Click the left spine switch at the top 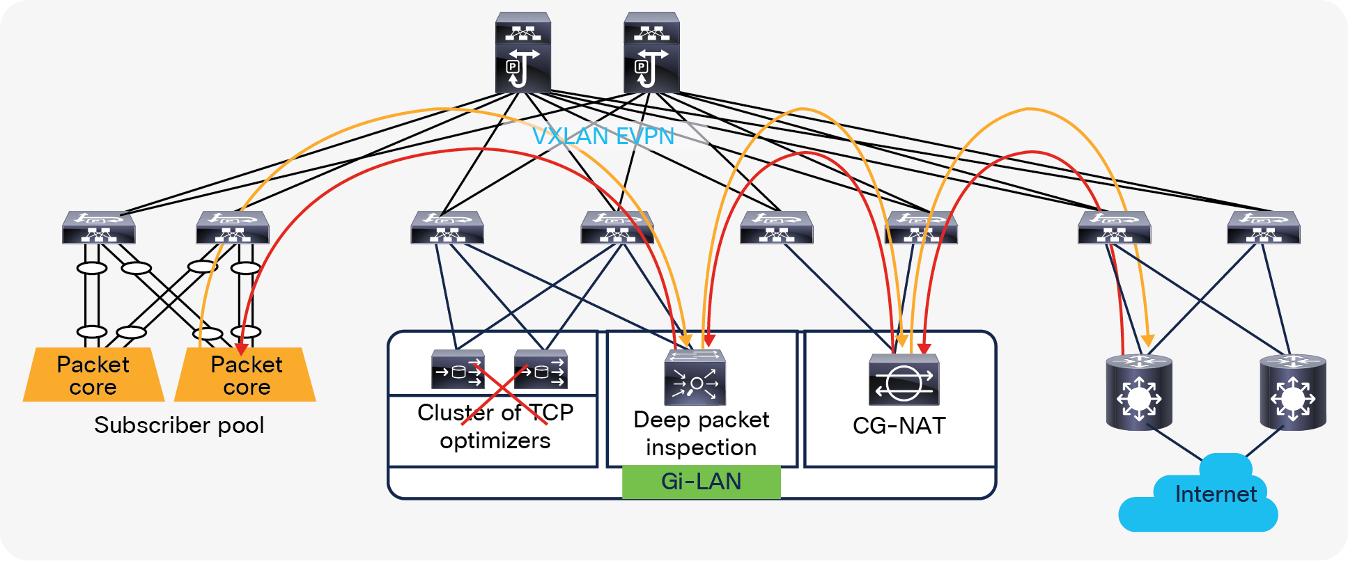[x=522, y=53]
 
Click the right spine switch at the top [x=651, y=53]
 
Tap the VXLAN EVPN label [x=603, y=136]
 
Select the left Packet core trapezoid [x=93, y=375]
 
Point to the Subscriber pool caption [x=179, y=425]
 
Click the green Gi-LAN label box [x=701, y=482]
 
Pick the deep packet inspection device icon [x=695, y=377]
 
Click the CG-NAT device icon [x=904, y=380]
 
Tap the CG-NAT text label [x=899, y=425]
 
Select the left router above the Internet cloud [x=1139, y=392]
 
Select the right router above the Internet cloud [x=1292, y=392]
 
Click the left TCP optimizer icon [x=458, y=370]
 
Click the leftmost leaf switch [x=98, y=228]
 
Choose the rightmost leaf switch [x=1263, y=228]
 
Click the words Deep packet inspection [x=701, y=434]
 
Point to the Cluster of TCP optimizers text [x=495, y=427]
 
